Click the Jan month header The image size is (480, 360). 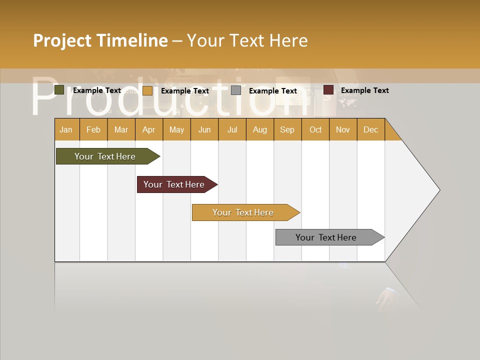66,129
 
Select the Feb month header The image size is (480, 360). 93,129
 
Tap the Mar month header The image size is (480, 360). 121,129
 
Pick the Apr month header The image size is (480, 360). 148,129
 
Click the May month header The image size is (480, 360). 176,129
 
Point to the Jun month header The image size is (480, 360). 204,129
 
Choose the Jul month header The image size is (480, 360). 232,129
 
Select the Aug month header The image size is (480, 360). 259,129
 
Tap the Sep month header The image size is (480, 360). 287,129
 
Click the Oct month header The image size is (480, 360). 315,129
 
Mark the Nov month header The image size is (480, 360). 343,129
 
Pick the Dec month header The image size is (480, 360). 370,129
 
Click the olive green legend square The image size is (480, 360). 59,90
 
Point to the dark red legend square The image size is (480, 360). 328,90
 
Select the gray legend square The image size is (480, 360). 236,90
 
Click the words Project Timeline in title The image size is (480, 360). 100,40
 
